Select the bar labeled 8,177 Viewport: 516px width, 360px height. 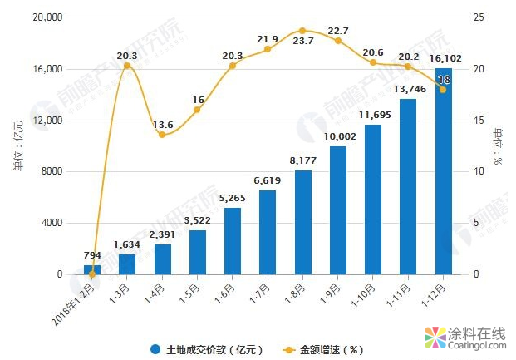pyautogui.click(x=302, y=222)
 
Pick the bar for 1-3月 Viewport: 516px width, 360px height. pyautogui.click(x=127, y=264)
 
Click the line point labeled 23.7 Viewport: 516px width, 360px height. pyautogui.click(x=302, y=31)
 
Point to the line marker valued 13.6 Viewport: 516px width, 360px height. pyautogui.click(x=162, y=135)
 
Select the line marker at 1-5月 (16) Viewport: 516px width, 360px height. pyautogui.click(x=197, y=110)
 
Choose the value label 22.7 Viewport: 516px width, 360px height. pyautogui.click(x=338, y=31)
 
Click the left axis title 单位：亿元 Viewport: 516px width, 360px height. pyautogui.click(x=18, y=145)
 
